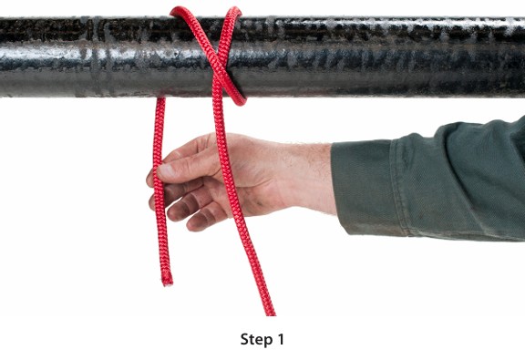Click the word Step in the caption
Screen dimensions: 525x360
256,340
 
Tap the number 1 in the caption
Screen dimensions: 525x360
280,339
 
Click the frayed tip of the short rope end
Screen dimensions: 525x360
168,282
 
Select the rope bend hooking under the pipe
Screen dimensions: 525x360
238,98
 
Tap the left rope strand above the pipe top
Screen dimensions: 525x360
180,12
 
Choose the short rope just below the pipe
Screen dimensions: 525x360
160,110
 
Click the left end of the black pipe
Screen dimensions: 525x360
1,57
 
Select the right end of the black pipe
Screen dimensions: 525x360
523,57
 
